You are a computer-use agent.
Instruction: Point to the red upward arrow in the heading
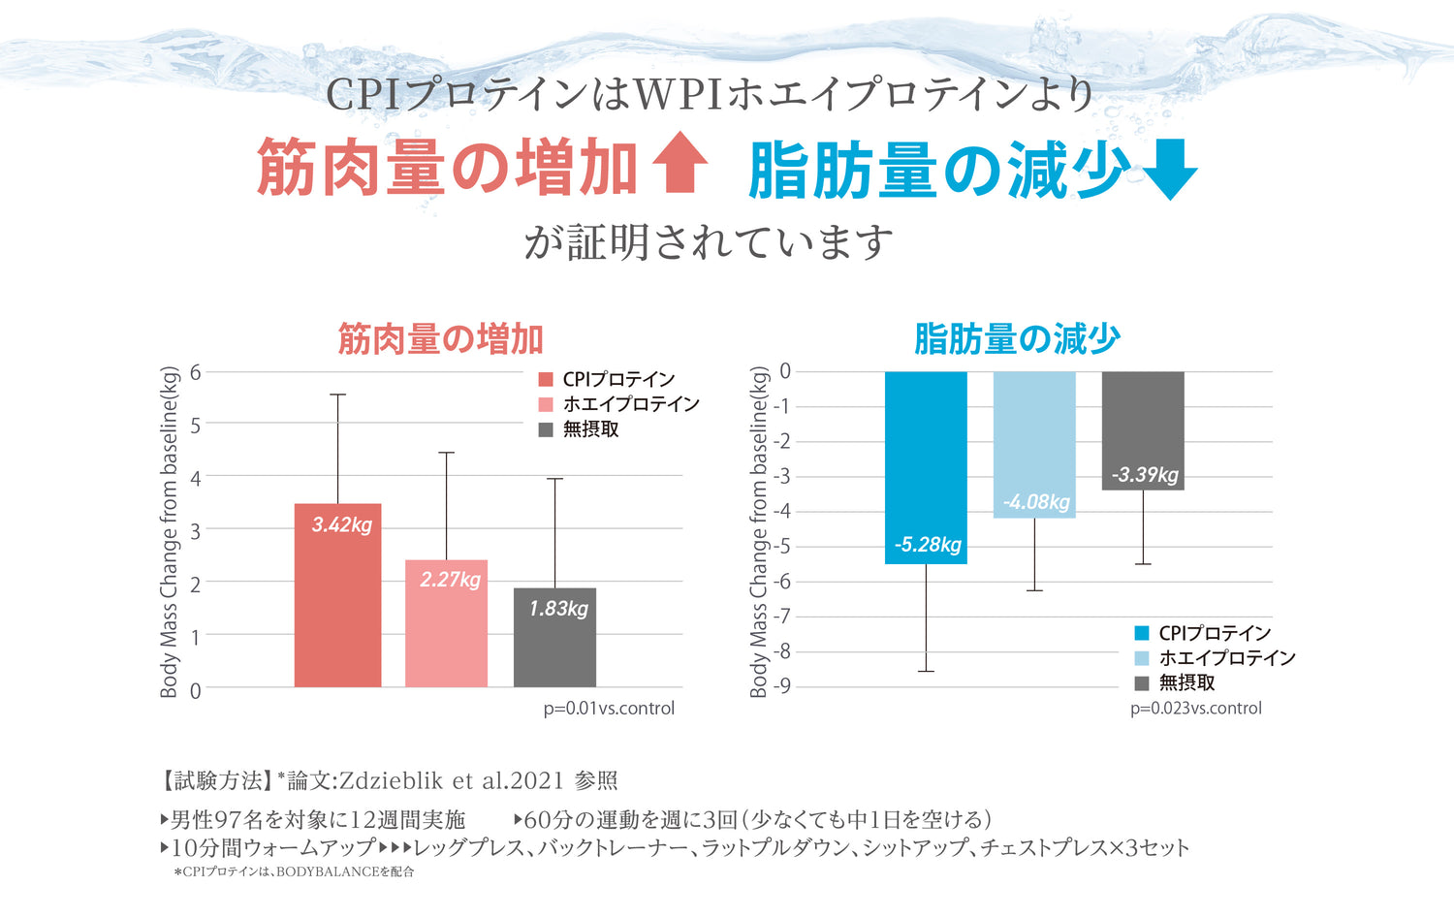pos(680,162)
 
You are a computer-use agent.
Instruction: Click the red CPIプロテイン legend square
pos(546,380)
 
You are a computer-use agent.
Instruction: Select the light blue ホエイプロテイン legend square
pos(1142,658)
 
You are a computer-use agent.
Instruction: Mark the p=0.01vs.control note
pos(609,709)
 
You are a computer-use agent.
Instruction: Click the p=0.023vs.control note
pos(1196,709)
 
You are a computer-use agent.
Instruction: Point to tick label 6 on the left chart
pos(196,372)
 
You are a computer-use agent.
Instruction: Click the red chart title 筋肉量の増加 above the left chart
pos(440,339)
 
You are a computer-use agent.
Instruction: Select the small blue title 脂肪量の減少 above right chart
pos(1017,339)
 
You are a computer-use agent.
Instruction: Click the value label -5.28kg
pos(928,545)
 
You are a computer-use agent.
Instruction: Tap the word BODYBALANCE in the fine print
pos(327,872)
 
